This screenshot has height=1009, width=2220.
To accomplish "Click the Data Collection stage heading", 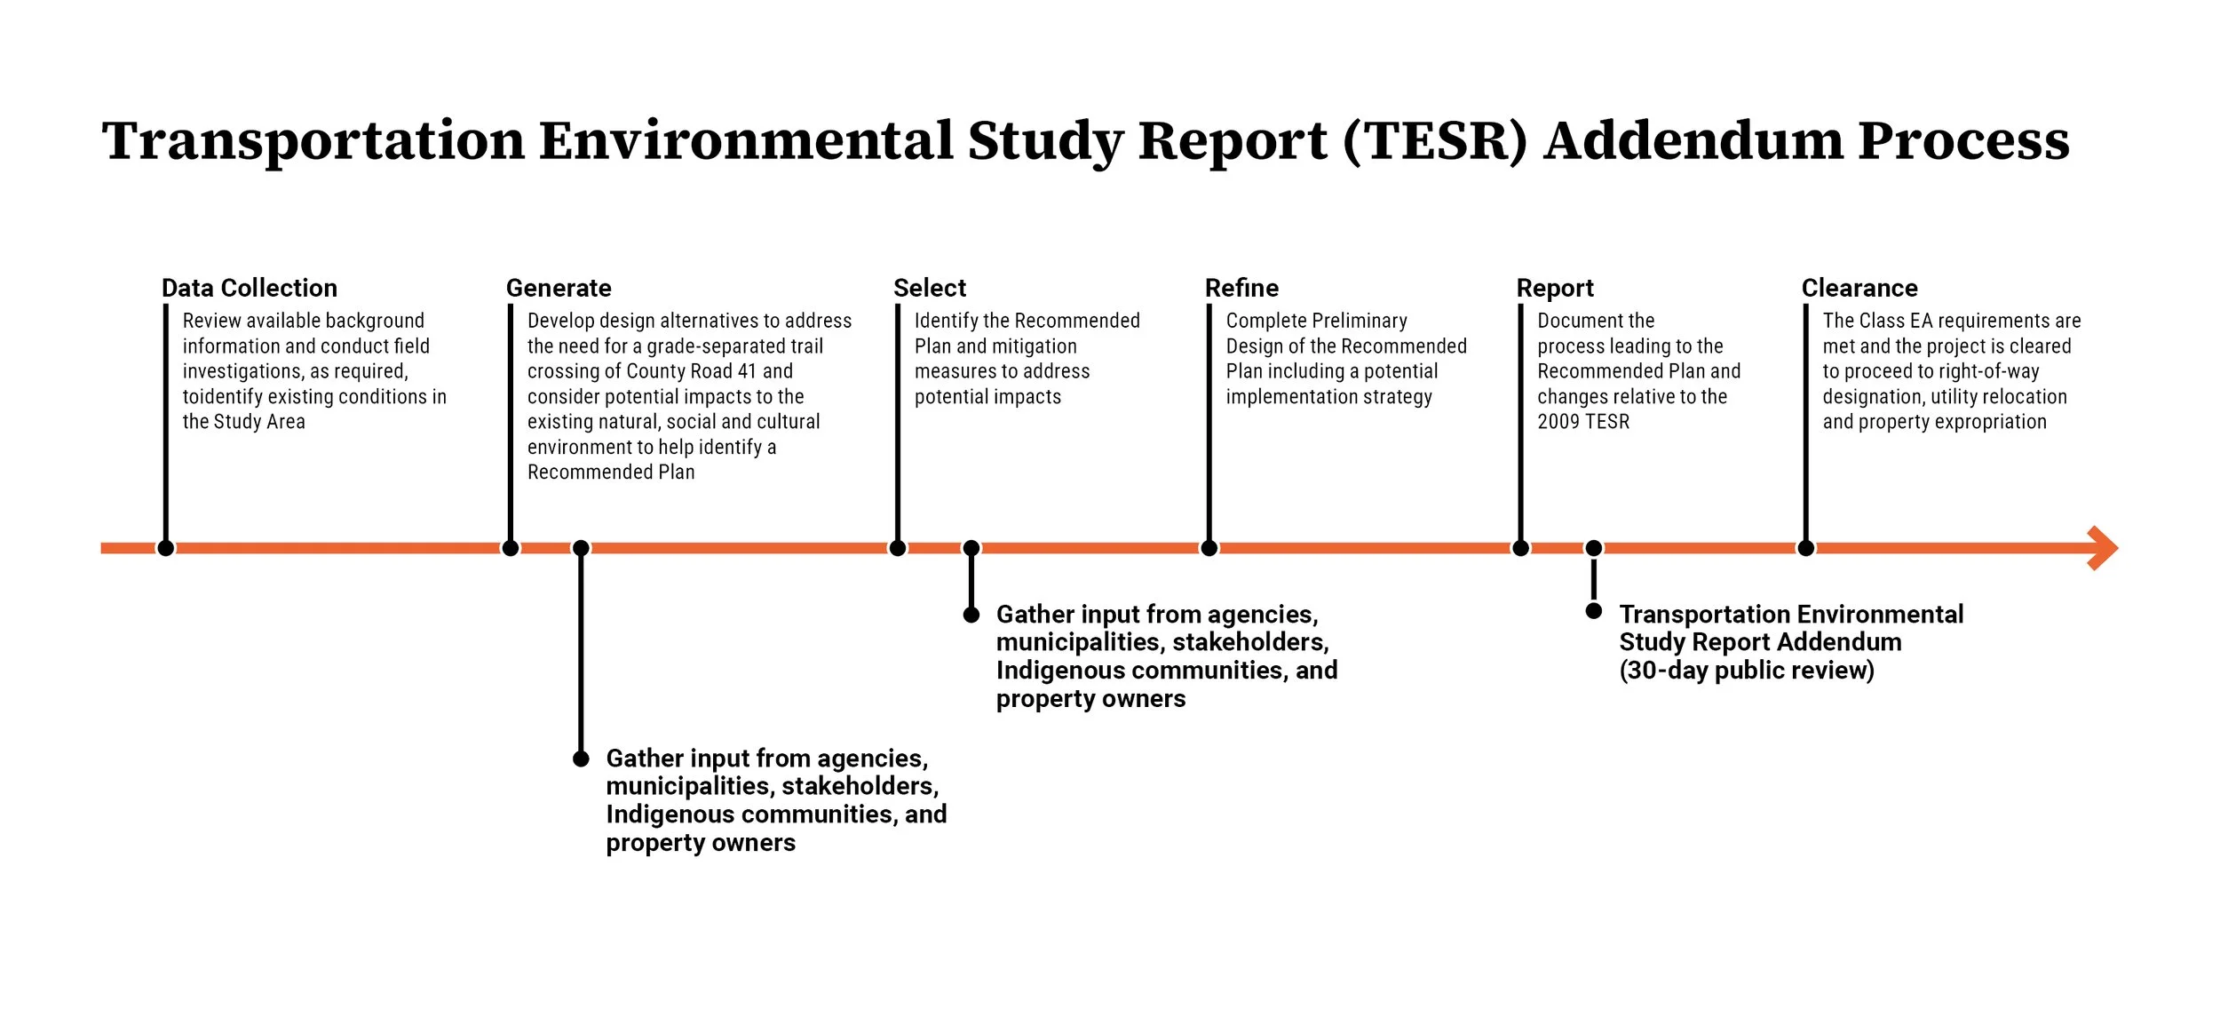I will pyautogui.click(x=249, y=288).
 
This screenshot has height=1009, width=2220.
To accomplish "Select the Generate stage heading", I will pyautogui.click(x=559, y=288).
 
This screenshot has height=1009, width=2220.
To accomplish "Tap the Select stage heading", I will pyautogui.click(x=929, y=288).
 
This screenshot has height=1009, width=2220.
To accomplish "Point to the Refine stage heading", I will pyautogui.click(x=1241, y=288).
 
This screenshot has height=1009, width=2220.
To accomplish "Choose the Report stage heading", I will pyautogui.click(x=1555, y=288).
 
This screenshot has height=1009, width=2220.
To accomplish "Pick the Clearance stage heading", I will pyautogui.click(x=1859, y=288).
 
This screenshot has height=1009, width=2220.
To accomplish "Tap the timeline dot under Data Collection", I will pyautogui.click(x=165, y=548).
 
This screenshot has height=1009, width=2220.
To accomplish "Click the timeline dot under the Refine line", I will pyautogui.click(x=1209, y=548).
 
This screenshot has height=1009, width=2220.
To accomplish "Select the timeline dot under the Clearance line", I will pyautogui.click(x=1805, y=548).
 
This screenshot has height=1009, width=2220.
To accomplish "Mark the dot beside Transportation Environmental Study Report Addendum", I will pyautogui.click(x=1594, y=611).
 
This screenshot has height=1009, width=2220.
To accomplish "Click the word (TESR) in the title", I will pyautogui.click(x=1435, y=140).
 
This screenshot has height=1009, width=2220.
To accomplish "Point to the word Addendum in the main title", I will pyautogui.click(x=1693, y=140).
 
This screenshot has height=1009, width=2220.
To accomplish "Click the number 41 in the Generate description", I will pyautogui.click(x=746, y=371).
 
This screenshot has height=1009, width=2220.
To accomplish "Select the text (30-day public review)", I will pyautogui.click(x=1747, y=671).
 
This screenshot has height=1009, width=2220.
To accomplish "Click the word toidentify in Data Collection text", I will pyautogui.click(x=222, y=397).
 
